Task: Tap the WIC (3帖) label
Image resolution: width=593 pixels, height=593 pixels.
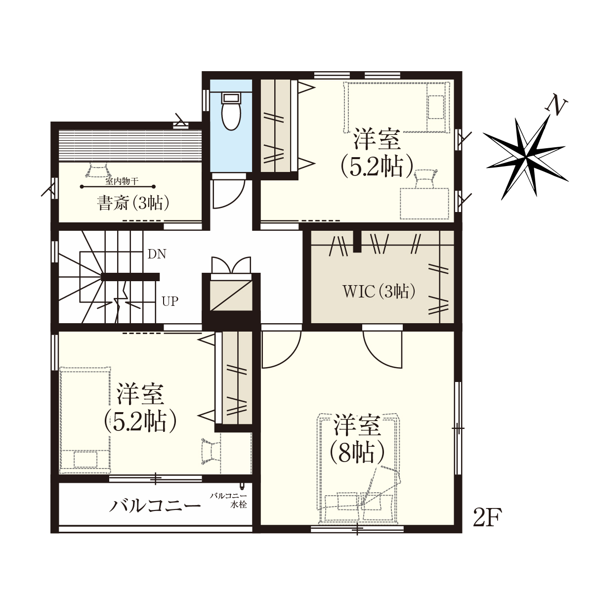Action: (379, 291)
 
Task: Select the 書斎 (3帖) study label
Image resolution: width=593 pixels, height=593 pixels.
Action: (133, 203)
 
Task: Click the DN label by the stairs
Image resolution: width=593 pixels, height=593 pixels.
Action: (157, 254)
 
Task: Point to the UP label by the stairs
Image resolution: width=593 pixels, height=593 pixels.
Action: (170, 301)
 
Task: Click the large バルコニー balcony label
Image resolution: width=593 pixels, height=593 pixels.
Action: (155, 506)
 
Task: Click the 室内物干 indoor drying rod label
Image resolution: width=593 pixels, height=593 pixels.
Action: (122, 181)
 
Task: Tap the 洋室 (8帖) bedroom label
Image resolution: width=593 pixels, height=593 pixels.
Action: (357, 439)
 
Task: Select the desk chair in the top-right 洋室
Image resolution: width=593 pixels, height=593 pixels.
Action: (425, 179)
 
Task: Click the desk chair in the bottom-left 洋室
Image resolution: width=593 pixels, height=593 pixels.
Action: (211, 451)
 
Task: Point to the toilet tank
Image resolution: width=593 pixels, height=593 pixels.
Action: (231, 98)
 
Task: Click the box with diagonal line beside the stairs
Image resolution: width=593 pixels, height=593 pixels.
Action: (231, 295)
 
